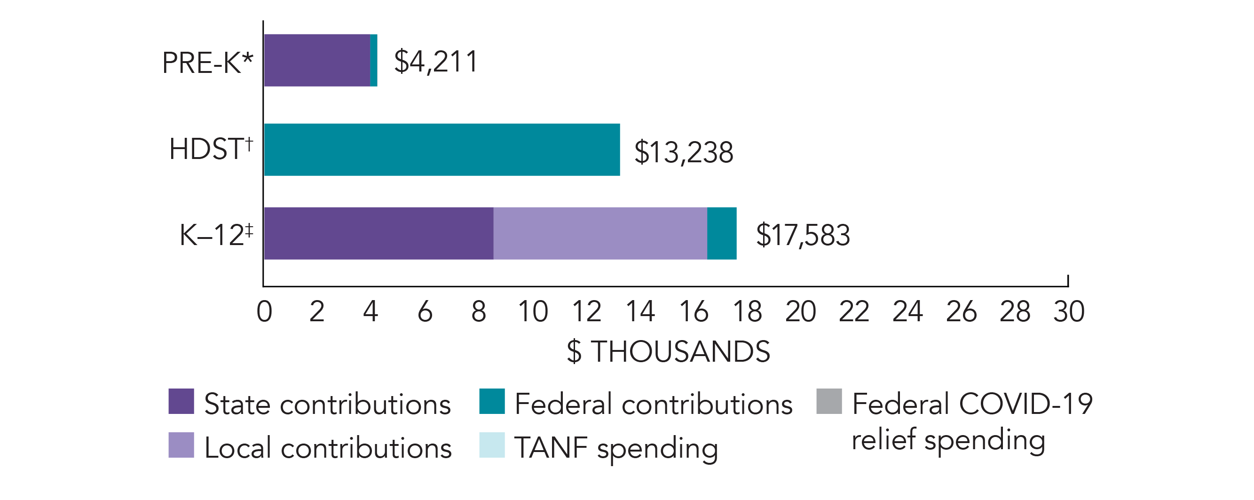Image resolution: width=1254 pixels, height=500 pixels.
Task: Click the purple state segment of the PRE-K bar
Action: coord(317,60)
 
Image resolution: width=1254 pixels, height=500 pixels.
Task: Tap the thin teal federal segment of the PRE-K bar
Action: coord(374,60)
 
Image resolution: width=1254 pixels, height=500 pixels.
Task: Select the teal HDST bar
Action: coord(442,150)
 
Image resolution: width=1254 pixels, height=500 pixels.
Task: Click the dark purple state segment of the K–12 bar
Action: coord(378,233)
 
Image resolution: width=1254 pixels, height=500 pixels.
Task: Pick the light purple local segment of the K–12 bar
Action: coord(600,233)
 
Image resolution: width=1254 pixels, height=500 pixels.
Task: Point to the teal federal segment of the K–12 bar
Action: coord(721,233)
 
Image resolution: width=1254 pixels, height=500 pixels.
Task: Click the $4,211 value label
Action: coord(436,61)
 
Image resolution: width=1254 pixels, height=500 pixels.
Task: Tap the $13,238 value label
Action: coord(684,152)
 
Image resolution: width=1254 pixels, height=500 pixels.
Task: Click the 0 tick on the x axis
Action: coord(264,311)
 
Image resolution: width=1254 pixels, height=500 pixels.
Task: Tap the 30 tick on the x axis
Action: coord(1069,311)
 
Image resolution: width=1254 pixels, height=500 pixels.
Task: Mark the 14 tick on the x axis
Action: coord(639,311)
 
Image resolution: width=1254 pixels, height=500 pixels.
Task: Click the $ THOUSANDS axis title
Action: coord(668,351)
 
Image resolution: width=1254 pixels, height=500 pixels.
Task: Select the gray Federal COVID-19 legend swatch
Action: coord(829,401)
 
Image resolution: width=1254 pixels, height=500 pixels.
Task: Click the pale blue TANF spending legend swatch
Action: coord(492,445)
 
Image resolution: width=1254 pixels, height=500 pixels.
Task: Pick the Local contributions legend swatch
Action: coord(181,445)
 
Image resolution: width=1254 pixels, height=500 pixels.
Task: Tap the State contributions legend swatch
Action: coord(181,401)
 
